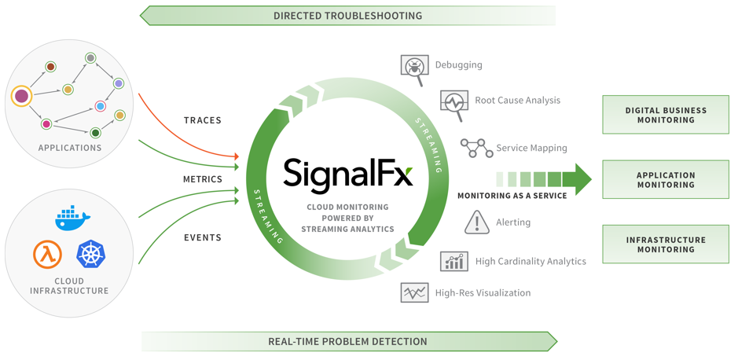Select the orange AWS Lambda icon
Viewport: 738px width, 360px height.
pos(47,255)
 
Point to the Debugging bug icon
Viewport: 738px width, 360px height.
pos(413,68)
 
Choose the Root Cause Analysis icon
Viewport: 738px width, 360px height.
pos(453,103)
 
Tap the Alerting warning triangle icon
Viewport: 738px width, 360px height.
pos(476,222)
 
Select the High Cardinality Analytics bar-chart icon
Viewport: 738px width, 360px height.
pos(454,261)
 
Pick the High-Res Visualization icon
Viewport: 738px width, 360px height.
pos(413,293)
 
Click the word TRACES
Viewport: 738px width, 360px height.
pos(202,121)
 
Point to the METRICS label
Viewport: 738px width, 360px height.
pos(202,179)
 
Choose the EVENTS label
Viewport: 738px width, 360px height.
pos(202,237)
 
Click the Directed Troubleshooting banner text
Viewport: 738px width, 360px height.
pos(347,16)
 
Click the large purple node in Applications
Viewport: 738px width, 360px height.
pos(22,97)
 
